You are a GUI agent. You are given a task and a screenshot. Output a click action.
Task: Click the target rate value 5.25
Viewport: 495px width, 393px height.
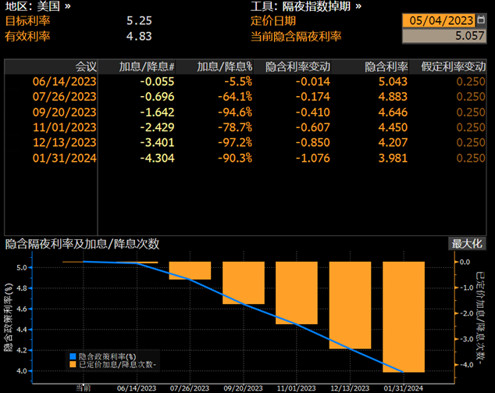click(139, 21)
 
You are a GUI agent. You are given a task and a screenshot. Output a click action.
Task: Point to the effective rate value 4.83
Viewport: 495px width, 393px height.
click(139, 36)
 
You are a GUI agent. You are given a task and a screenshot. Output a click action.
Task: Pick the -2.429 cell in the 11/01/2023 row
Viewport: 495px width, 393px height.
click(157, 127)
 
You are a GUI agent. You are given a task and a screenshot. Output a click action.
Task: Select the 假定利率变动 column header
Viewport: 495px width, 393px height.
click(453, 67)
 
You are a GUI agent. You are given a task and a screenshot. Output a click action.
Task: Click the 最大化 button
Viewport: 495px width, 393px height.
click(467, 244)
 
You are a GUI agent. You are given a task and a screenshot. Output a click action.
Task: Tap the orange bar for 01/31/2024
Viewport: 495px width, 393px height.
click(403, 316)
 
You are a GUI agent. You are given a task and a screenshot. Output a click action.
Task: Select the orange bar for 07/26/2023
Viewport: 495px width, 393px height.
click(190, 270)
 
